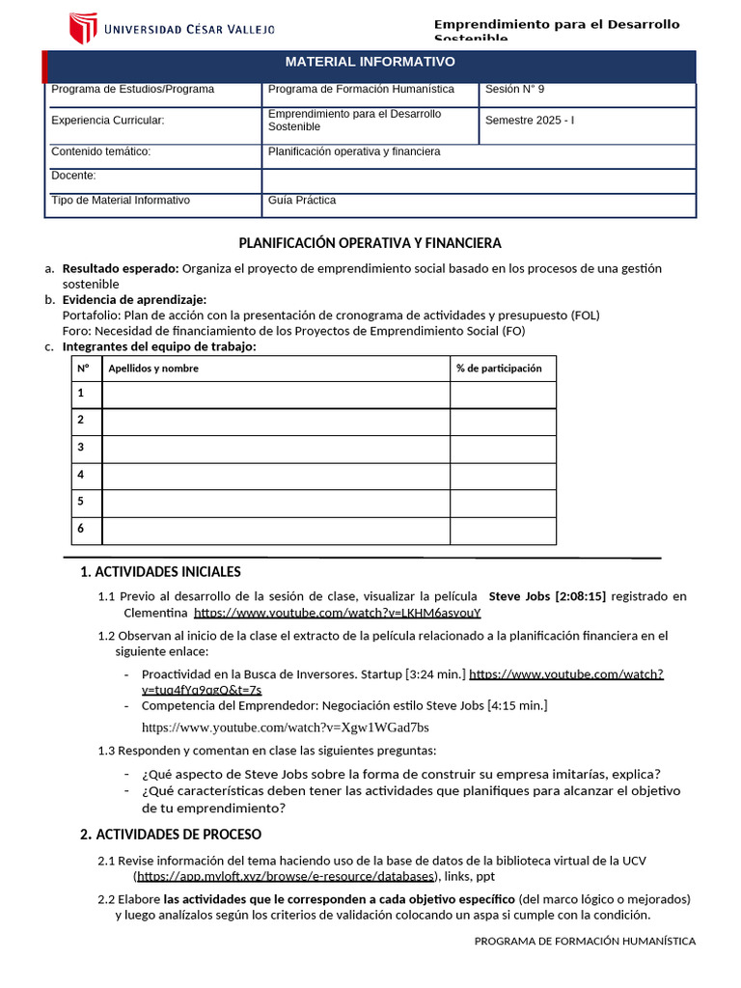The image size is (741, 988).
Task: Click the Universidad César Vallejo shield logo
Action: click(x=83, y=28)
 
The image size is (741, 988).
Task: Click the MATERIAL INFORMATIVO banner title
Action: click(x=370, y=62)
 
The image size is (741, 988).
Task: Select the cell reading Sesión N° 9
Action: click(x=514, y=90)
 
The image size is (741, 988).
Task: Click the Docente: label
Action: click(x=73, y=176)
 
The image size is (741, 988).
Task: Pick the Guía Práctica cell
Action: click(x=302, y=201)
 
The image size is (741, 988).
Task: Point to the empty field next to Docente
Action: click(x=478, y=180)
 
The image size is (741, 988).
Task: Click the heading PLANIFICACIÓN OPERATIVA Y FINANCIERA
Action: click(x=370, y=243)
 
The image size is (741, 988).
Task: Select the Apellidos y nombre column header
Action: click(x=153, y=369)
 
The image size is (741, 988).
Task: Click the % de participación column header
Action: click(x=499, y=369)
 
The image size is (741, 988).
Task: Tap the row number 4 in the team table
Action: click(x=82, y=475)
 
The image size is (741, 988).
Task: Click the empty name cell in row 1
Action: click(x=275, y=395)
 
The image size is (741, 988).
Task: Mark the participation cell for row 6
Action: click(x=502, y=531)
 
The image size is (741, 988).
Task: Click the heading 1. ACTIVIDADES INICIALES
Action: click(x=160, y=572)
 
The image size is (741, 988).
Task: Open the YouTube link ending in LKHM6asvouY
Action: click(x=337, y=613)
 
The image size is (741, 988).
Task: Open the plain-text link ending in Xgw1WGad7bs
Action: click(x=286, y=727)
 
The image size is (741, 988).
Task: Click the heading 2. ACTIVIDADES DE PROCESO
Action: click(x=171, y=834)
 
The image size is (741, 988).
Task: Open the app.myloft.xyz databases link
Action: click(x=287, y=876)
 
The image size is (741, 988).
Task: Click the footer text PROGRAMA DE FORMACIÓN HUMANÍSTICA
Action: click(x=585, y=941)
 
